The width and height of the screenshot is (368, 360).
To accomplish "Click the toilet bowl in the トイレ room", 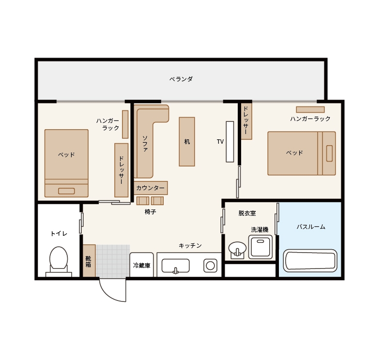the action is coord(59,258).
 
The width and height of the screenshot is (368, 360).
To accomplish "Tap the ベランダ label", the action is coord(181,79).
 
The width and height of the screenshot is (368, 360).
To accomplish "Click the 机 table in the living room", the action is coord(187,142).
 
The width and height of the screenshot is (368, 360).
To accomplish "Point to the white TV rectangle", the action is coord(230,142).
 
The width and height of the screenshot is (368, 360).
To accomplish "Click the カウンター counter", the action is coord(151,188).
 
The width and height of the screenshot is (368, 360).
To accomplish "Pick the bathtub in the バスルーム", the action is coord(310,260).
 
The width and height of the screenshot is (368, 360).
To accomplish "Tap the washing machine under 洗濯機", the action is coord(261,247).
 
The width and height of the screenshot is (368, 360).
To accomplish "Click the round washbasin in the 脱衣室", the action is coord(237,248).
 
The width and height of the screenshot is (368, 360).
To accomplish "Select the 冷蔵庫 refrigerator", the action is coord(141,265).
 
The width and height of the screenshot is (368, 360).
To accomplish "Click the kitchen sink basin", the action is coord(176,266).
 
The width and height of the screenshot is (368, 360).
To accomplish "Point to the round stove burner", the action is coord(210,266).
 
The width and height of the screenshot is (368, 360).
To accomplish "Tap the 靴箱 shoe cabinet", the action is coord(89,261).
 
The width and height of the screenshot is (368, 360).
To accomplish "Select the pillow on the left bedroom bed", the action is coord(66,191).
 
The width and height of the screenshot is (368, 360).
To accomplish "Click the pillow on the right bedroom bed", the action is coord(329,153).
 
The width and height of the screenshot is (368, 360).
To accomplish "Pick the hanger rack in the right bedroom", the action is coord(310,109).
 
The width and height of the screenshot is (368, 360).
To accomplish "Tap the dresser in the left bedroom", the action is coord(122,170).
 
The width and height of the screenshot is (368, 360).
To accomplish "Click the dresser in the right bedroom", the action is coord(246,121).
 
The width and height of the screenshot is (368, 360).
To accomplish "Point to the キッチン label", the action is coord(190,245).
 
